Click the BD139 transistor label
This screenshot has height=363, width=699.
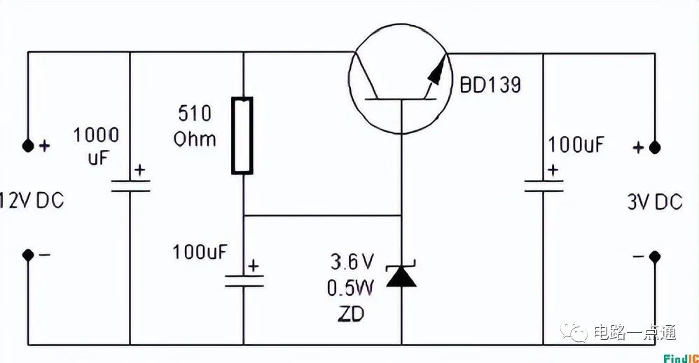[490, 85]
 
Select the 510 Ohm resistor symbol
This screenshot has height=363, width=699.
[242, 135]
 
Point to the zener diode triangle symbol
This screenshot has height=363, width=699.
[402, 276]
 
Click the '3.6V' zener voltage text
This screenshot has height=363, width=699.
[353, 262]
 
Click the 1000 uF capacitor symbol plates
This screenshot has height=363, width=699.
[131, 186]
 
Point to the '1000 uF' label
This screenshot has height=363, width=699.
[97, 146]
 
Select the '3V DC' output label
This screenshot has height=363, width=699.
[654, 203]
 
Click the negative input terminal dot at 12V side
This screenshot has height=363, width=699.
[28, 255]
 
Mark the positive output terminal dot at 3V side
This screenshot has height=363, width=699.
[655, 148]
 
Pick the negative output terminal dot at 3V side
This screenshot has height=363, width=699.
[655, 256]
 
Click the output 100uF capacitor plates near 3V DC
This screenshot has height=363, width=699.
[544, 186]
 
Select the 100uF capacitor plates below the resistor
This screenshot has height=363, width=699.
[243, 281]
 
